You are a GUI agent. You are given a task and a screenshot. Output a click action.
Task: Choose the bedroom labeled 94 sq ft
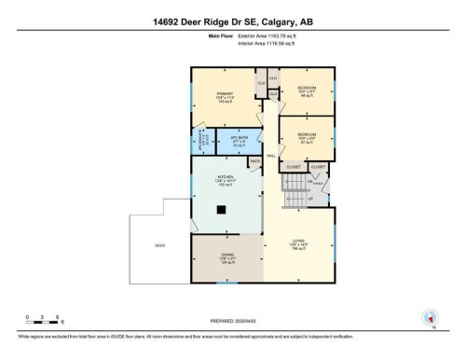[306, 90]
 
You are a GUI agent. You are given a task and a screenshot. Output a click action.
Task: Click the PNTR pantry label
[254, 160]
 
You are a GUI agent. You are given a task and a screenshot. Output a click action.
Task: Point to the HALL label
[271, 156]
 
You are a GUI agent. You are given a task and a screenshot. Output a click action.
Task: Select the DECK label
[160, 244]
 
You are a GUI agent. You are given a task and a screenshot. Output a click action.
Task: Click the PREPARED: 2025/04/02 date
[232, 319]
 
